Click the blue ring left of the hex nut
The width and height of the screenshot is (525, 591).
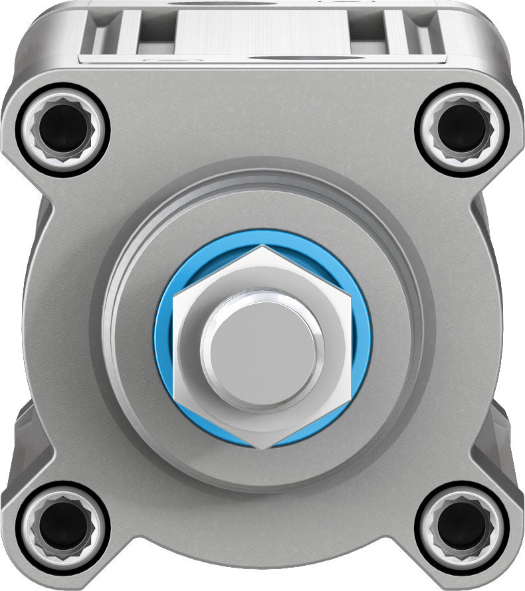click(x=163, y=345)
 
